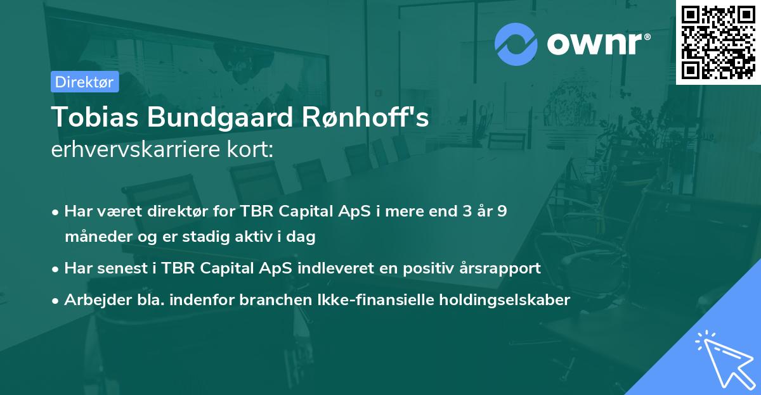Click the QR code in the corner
coord(718,42)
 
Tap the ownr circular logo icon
coord(516,44)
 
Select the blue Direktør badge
coord(84,82)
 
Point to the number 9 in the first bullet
coord(502,211)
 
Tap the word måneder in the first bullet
coord(92,237)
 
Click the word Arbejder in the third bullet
coord(92,300)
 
